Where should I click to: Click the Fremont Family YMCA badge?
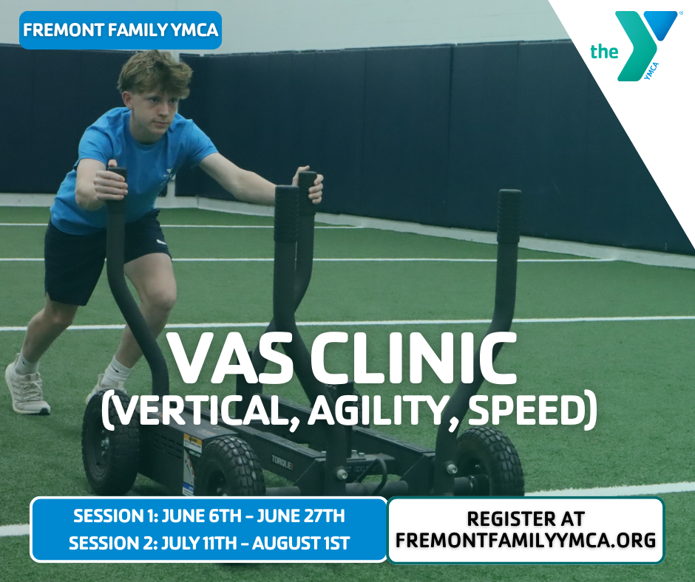click(121, 30)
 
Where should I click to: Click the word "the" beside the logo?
click(604, 52)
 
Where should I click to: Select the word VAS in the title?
click(231, 359)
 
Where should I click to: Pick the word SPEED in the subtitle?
click(527, 410)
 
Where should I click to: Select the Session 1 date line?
click(208, 516)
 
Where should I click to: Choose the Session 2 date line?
click(209, 543)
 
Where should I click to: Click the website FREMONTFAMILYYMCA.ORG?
click(526, 541)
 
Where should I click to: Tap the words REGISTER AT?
click(526, 518)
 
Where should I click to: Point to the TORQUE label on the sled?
click(282, 464)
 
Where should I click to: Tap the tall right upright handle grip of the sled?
click(509, 216)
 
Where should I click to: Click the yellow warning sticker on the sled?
click(192, 444)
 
